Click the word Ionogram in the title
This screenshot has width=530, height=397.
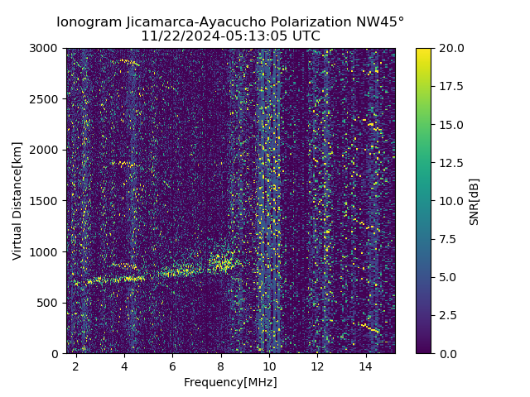tap(88, 22)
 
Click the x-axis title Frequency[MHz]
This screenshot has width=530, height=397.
tap(230, 382)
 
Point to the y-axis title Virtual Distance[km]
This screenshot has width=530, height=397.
tap(17, 200)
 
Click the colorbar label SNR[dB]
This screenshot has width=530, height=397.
tap(474, 201)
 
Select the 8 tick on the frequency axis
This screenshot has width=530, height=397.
tap(220, 365)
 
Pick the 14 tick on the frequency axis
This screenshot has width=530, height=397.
tap(365, 365)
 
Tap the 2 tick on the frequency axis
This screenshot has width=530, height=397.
tap(75, 365)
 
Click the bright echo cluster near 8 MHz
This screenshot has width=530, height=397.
tap(222, 263)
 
